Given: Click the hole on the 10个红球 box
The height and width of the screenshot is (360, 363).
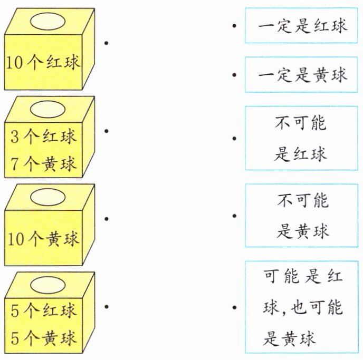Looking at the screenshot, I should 47,22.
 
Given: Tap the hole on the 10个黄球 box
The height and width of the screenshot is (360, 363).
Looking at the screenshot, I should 47,197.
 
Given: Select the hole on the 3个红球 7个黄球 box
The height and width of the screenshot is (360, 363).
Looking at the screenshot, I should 47,110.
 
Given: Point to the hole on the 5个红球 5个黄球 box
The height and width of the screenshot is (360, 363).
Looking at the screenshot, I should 47,285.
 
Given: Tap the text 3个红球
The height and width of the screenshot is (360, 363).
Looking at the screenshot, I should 44,138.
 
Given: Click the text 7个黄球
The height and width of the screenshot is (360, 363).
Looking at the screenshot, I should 44,162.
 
